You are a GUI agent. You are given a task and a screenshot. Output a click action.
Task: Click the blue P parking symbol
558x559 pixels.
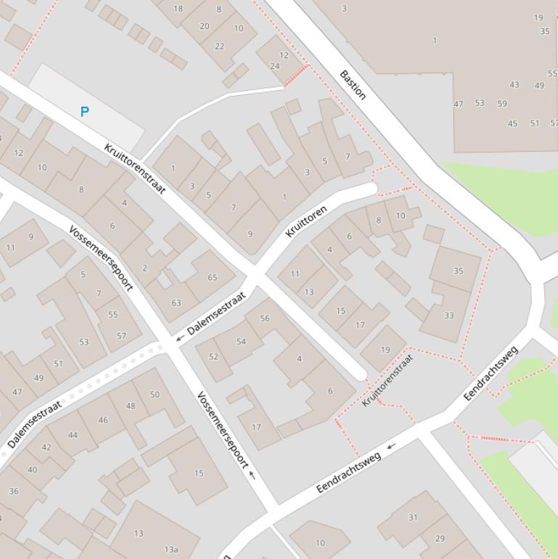pos(85,112)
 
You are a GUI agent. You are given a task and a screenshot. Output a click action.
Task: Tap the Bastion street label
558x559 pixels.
pos(353,85)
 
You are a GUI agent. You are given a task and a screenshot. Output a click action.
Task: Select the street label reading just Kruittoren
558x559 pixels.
pos(305,221)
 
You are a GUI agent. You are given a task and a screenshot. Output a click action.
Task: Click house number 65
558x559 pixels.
pos(213,277)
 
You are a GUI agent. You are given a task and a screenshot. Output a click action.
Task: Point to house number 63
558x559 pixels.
pos(176,303)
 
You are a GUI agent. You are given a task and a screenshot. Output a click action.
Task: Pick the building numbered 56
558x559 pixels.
pos(264,318)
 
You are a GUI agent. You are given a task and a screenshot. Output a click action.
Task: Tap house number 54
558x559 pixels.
pos(241,341)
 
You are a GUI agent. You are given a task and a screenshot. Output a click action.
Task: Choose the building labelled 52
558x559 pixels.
pos(213,356)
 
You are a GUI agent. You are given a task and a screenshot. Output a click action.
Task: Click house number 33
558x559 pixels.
pos(448,315)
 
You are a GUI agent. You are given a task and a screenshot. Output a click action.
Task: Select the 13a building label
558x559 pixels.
pos(171,550)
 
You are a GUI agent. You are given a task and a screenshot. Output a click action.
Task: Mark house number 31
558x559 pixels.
pos(413,518)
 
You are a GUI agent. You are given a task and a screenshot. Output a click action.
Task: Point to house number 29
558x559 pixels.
pos(440,538)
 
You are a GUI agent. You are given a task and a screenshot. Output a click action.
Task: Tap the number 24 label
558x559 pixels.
pos(275,66)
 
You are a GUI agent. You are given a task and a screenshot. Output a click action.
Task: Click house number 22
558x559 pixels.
pos(219,46)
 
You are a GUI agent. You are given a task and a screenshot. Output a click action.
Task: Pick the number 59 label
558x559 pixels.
pos(502,103)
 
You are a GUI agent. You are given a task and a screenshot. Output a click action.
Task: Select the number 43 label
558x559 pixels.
pos(514,85)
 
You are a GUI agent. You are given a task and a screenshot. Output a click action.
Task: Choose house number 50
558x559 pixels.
pos(155,394)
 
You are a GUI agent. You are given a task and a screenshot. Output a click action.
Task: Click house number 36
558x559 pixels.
pos(13,491)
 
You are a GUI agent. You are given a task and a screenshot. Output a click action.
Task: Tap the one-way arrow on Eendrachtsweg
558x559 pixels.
pos(392,446)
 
